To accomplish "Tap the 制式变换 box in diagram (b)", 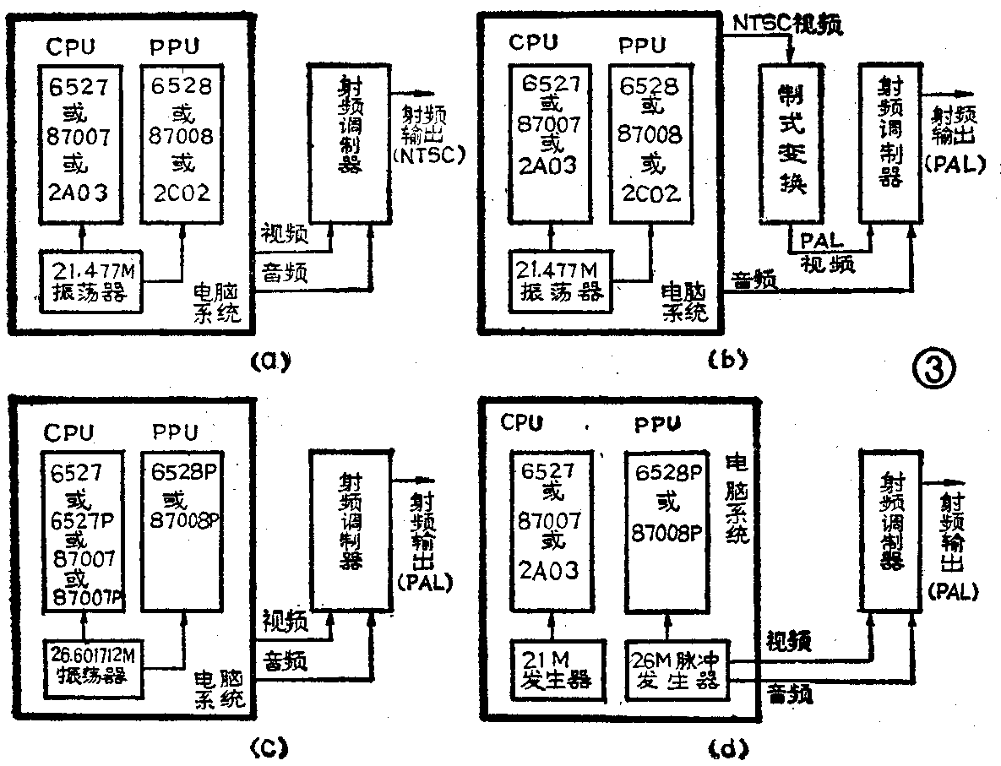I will (792, 144).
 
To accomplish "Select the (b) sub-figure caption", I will (726, 361).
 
